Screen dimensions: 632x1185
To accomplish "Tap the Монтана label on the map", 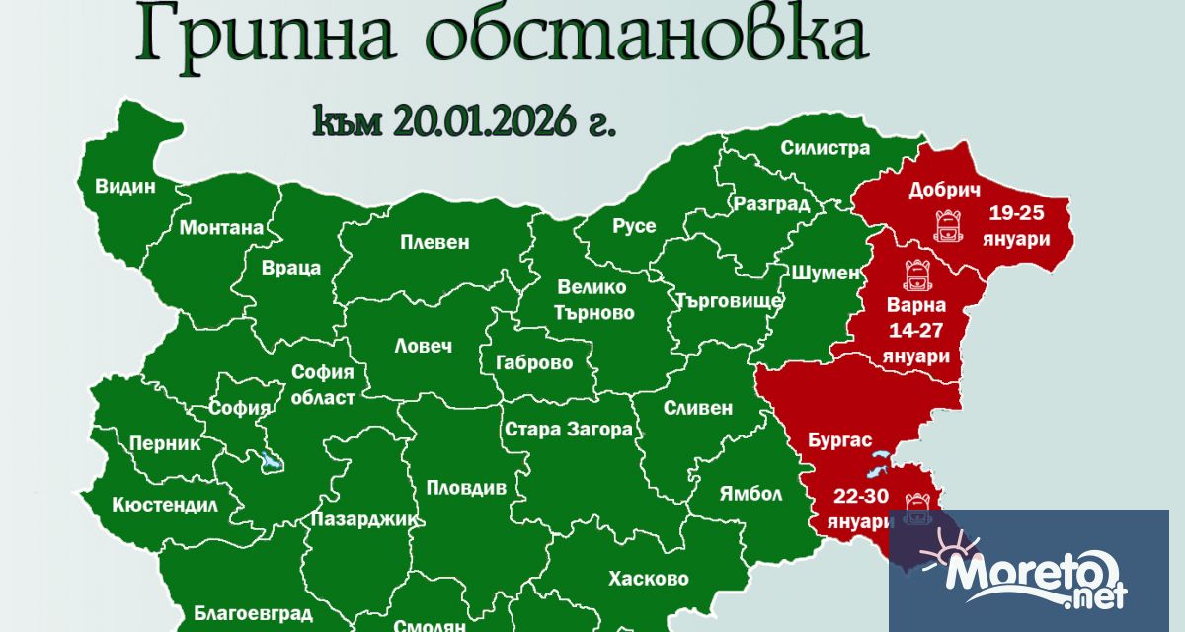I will (x=221, y=228).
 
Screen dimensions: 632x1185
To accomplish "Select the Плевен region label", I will (x=434, y=242).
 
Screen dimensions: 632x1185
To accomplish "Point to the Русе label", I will (x=634, y=226).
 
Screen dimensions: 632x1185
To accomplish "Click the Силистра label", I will (x=826, y=148).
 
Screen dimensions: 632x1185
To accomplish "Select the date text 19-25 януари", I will (x=1014, y=226).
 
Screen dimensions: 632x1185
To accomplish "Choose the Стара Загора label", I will (x=568, y=430).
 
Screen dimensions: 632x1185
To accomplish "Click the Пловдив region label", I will (x=466, y=487).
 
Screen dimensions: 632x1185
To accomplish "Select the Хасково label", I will (x=649, y=579).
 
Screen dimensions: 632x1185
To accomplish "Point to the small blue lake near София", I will (x=268, y=461).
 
